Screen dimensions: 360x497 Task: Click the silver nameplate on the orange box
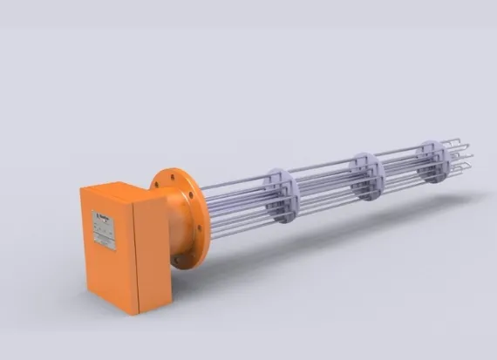(104, 228)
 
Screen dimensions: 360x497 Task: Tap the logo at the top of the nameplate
(102, 213)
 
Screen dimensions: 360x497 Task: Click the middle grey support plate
(366, 175)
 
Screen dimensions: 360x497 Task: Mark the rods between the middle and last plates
(401, 167)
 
